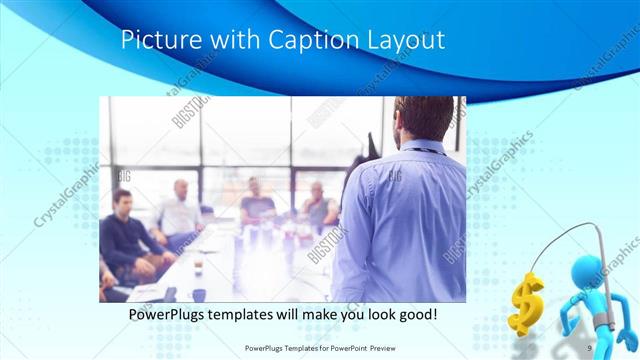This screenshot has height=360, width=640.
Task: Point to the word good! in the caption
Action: coord(415,315)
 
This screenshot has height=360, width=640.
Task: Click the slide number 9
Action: coord(591,347)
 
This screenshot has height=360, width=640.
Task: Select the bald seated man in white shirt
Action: coord(180,211)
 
